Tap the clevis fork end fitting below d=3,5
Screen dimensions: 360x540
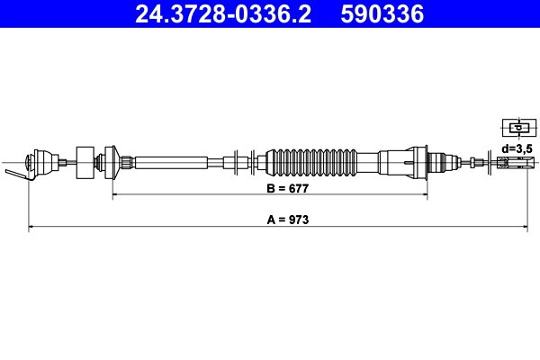(x=512, y=163)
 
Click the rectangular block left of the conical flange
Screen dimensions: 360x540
(x=85, y=162)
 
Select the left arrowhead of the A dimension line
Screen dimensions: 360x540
(x=32, y=228)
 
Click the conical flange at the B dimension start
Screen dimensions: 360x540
(x=112, y=162)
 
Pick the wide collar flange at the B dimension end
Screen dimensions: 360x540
(x=418, y=162)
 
